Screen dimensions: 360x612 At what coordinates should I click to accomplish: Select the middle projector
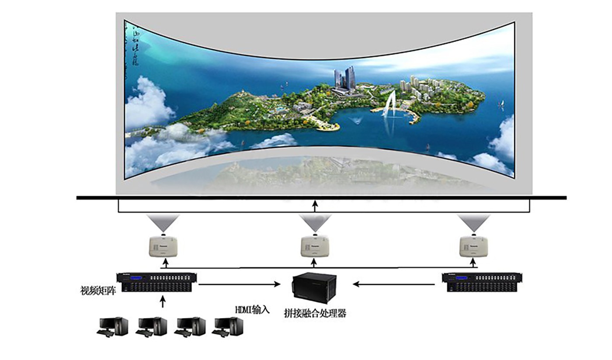click(315, 247)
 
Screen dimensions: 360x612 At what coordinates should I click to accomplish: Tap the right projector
click(473, 247)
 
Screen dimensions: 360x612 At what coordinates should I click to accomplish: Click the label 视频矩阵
click(98, 291)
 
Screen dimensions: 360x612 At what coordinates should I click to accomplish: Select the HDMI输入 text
click(252, 310)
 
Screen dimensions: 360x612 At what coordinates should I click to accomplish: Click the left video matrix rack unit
click(156, 283)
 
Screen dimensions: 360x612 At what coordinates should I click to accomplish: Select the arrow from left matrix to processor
click(240, 284)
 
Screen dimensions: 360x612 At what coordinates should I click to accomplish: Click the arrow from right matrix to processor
click(393, 284)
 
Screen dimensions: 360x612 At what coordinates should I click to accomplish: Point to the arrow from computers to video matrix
click(163, 301)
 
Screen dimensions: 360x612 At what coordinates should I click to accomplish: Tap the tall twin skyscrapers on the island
click(344, 77)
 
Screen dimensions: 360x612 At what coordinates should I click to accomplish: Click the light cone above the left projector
click(163, 222)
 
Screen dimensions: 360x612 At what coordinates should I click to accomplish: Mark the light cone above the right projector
click(473, 222)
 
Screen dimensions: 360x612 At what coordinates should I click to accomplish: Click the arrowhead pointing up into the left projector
click(165, 260)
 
